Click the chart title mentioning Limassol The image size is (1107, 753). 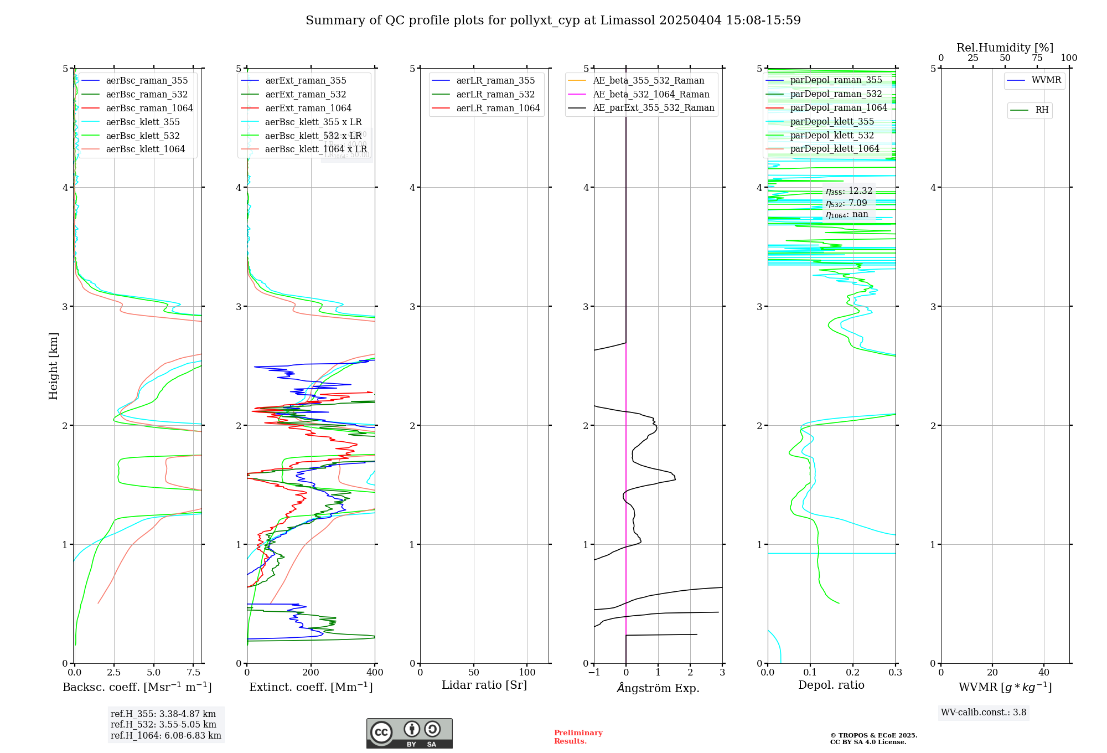click(553, 20)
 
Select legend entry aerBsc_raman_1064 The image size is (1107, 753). click(149, 108)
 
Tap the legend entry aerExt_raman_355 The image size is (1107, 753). click(306, 81)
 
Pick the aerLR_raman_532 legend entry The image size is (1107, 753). click(495, 95)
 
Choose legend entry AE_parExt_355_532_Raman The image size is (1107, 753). click(653, 108)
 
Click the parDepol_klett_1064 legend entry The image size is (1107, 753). click(834, 149)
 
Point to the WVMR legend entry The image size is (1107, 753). click(1046, 80)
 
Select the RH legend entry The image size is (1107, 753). click(1042, 110)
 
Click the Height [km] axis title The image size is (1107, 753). click(53, 366)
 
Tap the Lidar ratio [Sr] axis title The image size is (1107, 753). click(484, 685)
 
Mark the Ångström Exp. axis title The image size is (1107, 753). click(658, 688)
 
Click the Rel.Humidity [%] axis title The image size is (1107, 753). click(1005, 48)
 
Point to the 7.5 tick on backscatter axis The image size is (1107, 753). click(193, 673)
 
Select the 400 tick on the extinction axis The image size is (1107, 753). click(375, 673)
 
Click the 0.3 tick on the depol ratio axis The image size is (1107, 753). click(895, 673)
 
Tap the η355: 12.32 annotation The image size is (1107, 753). click(849, 191)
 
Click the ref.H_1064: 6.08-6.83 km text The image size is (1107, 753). click(165, 735)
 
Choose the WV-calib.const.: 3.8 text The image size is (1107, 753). click(984, 713)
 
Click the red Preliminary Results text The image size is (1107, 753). click(578, 737)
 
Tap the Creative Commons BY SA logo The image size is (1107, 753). click(409, 734)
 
